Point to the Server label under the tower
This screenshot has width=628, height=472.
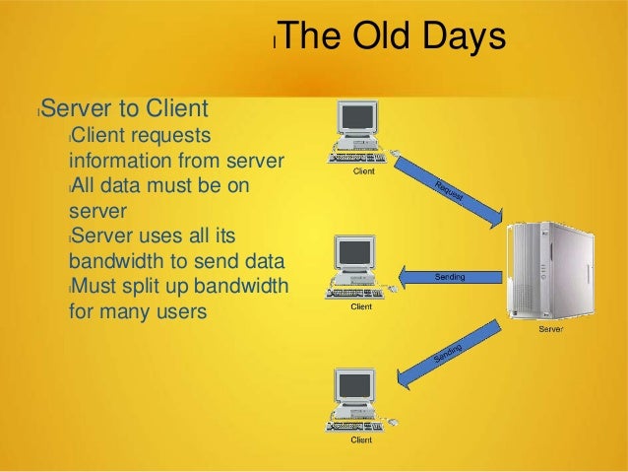pyautogui.click(x=551, y=329)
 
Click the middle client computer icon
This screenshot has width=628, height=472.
pyautogui.click(x=360, y=267)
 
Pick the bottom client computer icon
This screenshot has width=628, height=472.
pyautogui.click(x=360, y=400)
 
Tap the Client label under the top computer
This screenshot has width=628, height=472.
pyautogui.click(x=363, y=172)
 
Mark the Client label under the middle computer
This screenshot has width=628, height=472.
pyautogui.click(x=362, y=305)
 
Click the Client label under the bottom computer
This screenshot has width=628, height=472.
pyautogui.click(x=362, y=439)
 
